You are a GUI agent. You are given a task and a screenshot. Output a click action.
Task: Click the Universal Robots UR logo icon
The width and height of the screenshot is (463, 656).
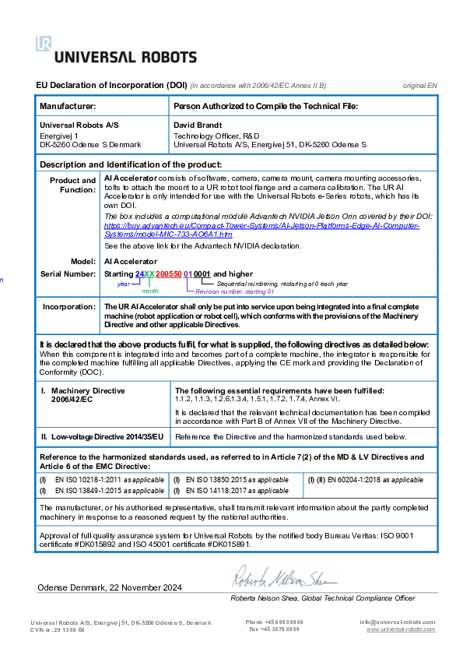(43, 44)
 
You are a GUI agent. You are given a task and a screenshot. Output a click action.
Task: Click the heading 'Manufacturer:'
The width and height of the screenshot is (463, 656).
(68, 105)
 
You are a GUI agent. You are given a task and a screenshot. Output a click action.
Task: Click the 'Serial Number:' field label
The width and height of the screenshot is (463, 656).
(68, 274)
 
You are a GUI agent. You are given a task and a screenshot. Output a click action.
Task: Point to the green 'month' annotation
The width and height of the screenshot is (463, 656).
(150, 291)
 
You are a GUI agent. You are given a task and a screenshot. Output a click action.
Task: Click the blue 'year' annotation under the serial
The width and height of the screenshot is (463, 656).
(123, 284)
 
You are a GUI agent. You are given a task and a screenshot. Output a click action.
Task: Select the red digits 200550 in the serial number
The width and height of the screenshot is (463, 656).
(169, 274)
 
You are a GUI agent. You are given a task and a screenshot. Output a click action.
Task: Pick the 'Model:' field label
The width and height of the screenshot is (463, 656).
(83, 261)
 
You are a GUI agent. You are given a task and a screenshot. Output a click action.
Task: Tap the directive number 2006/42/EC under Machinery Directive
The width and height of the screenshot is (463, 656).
(72, 399)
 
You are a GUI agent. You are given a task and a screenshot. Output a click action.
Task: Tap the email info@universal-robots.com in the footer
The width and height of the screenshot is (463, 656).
(397, 622)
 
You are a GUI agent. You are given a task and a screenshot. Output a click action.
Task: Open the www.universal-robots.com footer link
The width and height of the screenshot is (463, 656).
(401, 629)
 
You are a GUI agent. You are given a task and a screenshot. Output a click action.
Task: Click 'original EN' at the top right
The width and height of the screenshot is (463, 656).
(420, 84)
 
